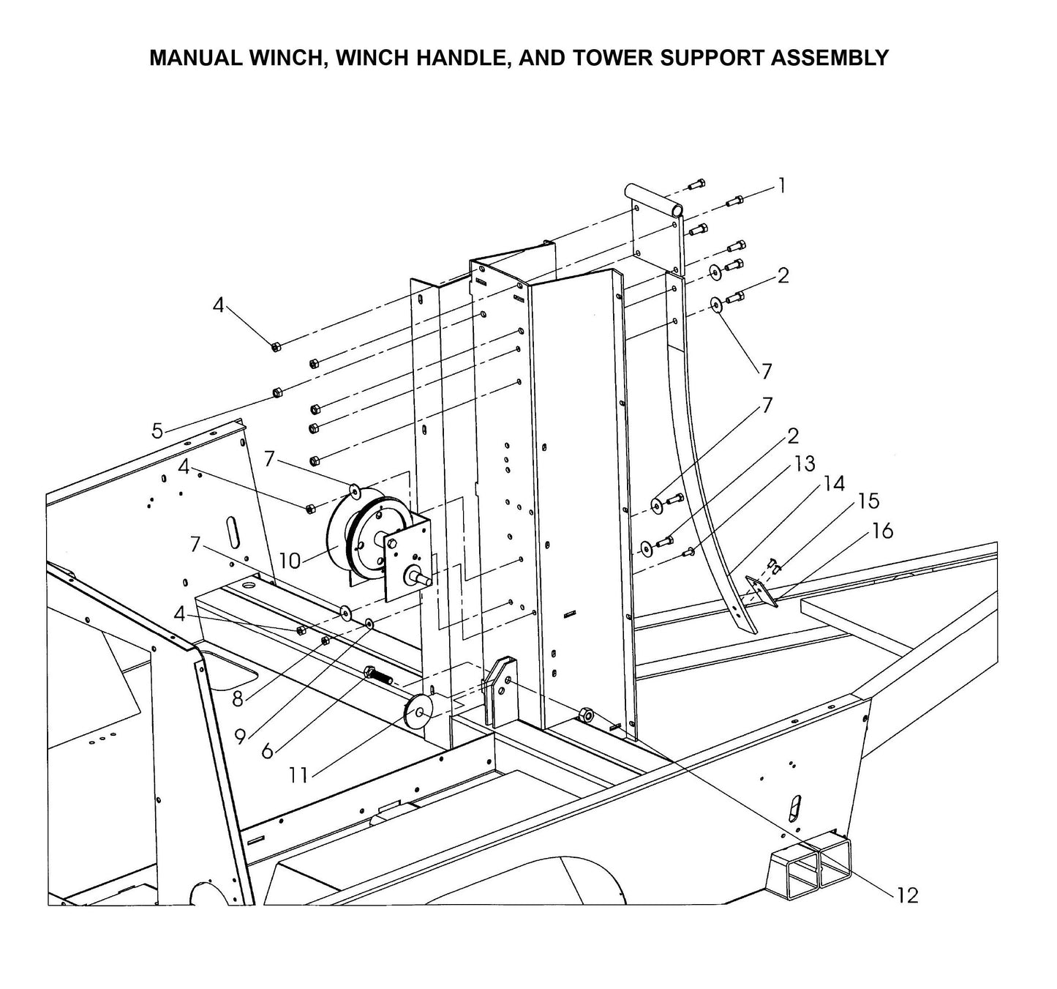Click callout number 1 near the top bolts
point(782,186)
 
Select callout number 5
point(157,431)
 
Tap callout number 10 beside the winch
point(290,561)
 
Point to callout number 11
point(298,775)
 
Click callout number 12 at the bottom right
point(907,895)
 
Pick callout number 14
point(833,483)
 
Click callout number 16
point(883,531)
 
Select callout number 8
point(238,699)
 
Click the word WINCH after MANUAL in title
point(285,58)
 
